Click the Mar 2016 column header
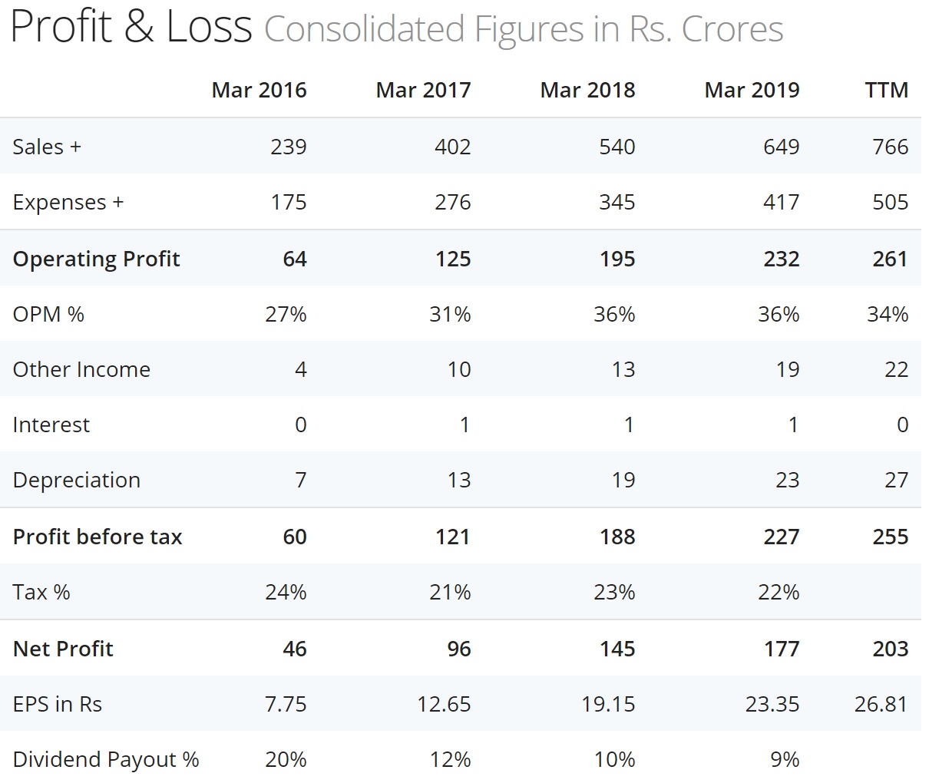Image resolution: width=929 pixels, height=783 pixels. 259,90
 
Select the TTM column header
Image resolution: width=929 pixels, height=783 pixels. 886,90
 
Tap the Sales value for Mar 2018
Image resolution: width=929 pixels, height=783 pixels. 617,147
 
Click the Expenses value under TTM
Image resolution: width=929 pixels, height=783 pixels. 890,202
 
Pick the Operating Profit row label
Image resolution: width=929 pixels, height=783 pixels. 96,259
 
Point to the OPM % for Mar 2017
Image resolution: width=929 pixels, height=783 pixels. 450,314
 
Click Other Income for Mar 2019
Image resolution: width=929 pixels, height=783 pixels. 787,369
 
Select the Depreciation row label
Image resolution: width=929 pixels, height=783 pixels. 76,480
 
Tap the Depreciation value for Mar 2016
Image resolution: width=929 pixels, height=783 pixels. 300,480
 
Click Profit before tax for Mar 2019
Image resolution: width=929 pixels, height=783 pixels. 781,537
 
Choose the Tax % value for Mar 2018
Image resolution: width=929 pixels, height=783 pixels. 614,592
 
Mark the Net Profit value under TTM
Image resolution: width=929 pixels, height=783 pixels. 890,649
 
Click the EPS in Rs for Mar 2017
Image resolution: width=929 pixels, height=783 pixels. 444,704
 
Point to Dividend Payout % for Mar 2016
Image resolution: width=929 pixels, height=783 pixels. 286,759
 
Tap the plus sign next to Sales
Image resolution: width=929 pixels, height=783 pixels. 75,147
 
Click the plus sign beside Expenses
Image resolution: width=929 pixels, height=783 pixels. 117,202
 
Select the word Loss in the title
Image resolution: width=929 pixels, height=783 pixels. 209,27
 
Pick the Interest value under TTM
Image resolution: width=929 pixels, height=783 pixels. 902,425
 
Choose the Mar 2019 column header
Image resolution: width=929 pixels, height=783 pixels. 752,90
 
